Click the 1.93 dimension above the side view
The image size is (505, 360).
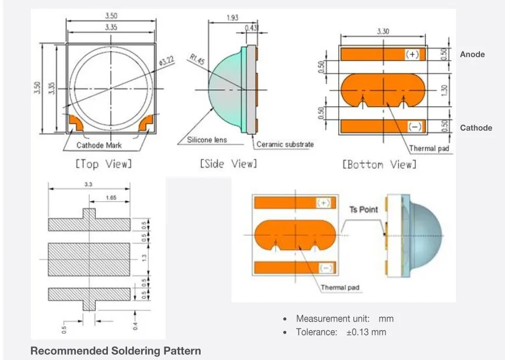pos(233,17)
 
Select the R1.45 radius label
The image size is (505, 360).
pos(197,59)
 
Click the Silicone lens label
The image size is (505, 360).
pos(207,140)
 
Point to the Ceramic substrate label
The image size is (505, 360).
pos(285,144)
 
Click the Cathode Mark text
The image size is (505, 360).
pos(99,145)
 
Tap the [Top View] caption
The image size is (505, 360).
pos(104,164)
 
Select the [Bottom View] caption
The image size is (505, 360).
pos(380,165)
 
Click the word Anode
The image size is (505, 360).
pos(472,54)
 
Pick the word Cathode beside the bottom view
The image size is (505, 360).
pos(476,128)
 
